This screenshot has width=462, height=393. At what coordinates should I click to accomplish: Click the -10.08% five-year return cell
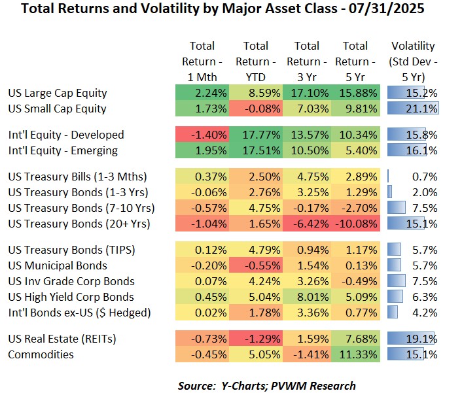(355, 224)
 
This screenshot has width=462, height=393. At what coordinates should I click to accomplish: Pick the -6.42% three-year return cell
(306, 224)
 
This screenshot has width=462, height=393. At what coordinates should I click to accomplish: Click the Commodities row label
(41, 354)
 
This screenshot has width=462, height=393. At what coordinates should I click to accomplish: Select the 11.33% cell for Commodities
(355, 354)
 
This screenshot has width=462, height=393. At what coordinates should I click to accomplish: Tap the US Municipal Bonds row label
(57, 265)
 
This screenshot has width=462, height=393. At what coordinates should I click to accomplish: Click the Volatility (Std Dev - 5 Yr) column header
(412, 61)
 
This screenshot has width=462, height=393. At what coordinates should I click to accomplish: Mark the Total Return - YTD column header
(255, 61)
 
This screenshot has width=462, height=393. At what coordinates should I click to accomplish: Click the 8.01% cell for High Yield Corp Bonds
(306, 297)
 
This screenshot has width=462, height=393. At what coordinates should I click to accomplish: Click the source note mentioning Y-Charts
(266, 385)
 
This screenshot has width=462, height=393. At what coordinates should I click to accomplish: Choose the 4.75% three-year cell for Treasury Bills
(306, 177)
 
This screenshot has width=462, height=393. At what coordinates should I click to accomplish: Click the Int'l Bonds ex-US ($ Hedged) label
(79, 313)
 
